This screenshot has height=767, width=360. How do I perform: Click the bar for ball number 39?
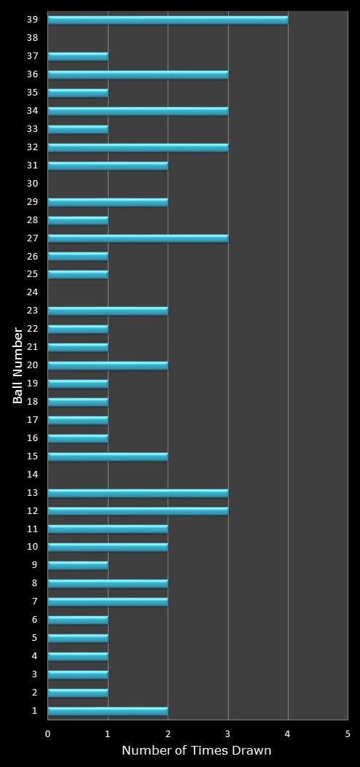168,20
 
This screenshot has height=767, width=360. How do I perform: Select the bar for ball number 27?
138,238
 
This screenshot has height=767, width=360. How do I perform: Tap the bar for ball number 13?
138,493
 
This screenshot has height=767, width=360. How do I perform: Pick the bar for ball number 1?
108,711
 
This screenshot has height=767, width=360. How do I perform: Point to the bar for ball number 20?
108,365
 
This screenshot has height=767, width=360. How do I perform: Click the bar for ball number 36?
138,74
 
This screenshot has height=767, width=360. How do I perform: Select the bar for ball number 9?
78,565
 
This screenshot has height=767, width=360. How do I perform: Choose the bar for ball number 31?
108,166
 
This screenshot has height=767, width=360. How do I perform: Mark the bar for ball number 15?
108,456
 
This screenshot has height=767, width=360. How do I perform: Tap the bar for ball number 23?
108,311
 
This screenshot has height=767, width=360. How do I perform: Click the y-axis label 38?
32,38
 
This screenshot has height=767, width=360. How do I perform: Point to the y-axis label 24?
32,292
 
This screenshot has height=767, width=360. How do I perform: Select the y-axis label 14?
32,475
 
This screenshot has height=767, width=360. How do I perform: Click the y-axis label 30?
32,184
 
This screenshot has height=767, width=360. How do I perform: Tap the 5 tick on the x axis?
348,733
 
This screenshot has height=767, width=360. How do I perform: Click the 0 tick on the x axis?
48,733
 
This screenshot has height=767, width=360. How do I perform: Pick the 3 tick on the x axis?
228,733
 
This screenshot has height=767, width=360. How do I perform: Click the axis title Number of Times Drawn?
197,751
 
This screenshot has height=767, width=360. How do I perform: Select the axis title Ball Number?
18,366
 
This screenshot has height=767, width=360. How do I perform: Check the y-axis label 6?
34,620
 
